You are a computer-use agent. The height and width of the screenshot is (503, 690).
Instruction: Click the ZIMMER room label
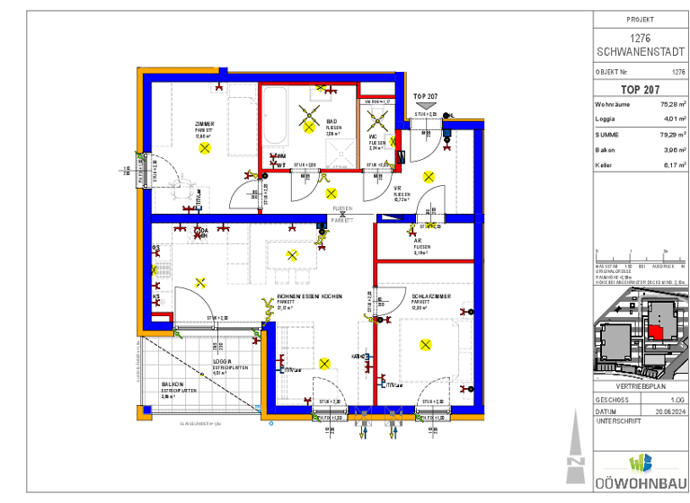pos(205,123)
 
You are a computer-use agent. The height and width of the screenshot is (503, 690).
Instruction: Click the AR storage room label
pos(418,241)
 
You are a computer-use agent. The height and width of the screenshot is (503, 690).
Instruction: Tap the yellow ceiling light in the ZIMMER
pos(206,147)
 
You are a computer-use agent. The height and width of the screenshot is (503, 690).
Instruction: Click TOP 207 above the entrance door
pos(426,95)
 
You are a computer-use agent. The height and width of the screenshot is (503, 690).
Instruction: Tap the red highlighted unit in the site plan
pos(659,331)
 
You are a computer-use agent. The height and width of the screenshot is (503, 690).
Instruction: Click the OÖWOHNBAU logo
pos(640,472)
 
